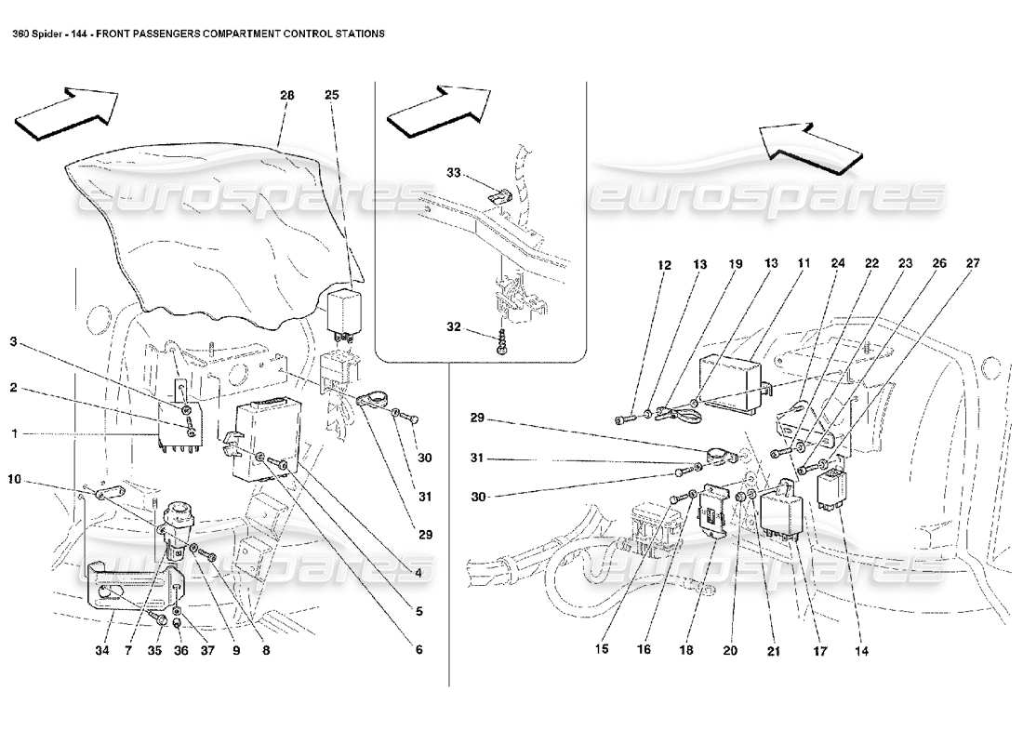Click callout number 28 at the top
pyautogui.click(x=286, y=95)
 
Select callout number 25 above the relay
pyautogui.click(x=332, y=95)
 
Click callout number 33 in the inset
pyautogui.click(x=453, y=173)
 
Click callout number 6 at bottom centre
pyautogui.click(x=419, y=650)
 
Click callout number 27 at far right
pyautogui.click(x=972, y=265)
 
